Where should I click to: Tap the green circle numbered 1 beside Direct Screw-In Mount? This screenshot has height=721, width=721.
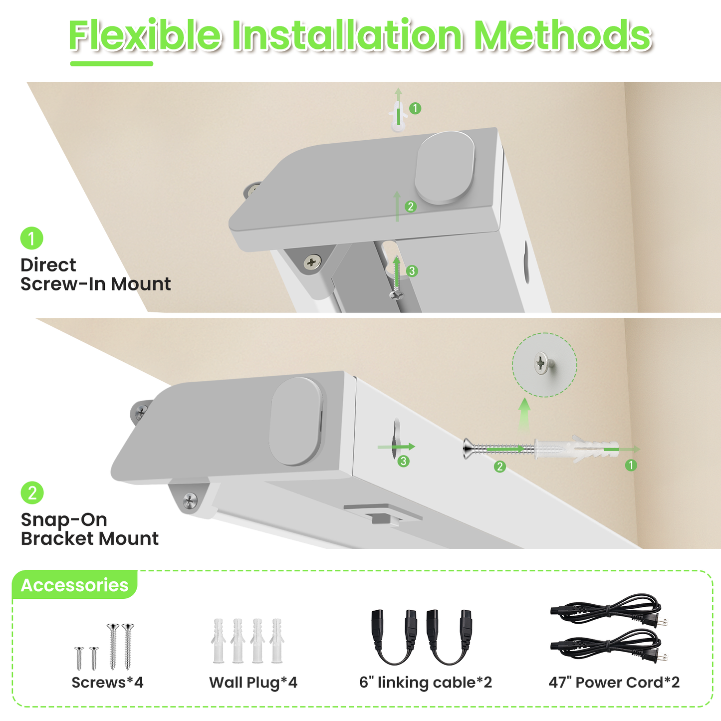coord(31,239)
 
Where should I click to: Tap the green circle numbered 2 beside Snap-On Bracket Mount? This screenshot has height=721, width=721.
coord(32,493)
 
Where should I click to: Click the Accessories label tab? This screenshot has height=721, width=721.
coord(74,585)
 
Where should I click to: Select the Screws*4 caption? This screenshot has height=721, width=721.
coord(107,682)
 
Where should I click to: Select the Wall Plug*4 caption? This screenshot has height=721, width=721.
coord(253,682)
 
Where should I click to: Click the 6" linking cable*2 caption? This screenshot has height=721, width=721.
coord(426,682)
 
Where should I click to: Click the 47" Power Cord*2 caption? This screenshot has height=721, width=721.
coord(614,682)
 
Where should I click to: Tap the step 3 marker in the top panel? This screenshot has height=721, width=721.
coord(412,271)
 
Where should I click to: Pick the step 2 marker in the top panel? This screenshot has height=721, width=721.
coord(411,206)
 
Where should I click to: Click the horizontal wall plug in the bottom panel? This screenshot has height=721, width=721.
coord(576,450)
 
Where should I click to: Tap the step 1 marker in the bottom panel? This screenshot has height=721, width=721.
coord(631,465)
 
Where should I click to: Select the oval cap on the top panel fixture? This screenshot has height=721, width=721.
coord(445,167)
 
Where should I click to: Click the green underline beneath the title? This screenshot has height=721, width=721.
coord(111,63)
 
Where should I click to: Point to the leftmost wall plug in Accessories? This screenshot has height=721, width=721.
coord(219,641)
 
